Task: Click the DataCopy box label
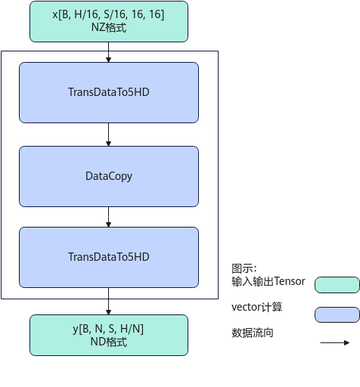[x=109, y=176]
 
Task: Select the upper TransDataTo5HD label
[x=109, y=92]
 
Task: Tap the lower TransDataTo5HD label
[x=109, y=257]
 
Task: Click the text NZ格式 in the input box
[x=109, y=27]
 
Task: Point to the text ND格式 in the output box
[x=109, y=342]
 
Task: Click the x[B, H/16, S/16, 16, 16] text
[x=108, y=14]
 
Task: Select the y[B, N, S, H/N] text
[x=108, y=329]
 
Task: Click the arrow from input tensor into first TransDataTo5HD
[x=108, y=52]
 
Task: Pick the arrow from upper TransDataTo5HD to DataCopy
[x=108, y=135]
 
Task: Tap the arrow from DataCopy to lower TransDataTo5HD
[x=108, y=217]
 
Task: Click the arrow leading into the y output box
[x=108, y=302]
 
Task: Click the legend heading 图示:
[x=244, y=268]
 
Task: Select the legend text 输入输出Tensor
[x=268, y=281]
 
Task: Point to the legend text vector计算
[x=257, y=307]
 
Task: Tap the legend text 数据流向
[x=253, y=333]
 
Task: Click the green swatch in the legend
[x=337, y=285]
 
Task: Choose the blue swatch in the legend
[x=337, y=314]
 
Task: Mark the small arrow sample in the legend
[x=335, y=342]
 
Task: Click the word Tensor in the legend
[x=290, y=281]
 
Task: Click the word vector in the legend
[x=246, y=308]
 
